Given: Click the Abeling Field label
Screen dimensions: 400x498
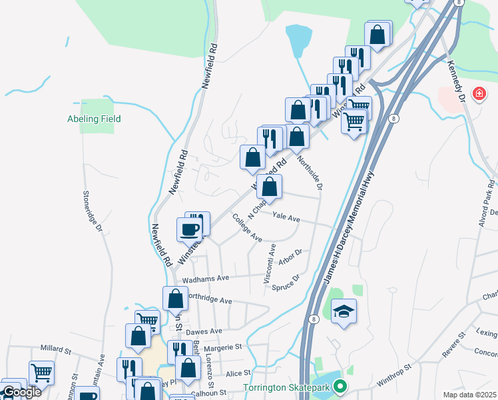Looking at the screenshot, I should [x=94, y=119].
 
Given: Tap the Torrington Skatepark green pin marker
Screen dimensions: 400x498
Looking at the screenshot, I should [x=340, y=387].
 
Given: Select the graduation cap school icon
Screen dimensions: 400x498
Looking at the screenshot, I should [x=344, y=311].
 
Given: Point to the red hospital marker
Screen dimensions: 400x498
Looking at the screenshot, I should [x=477, y=94].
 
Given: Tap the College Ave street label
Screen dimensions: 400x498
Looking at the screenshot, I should [x=246, y=227].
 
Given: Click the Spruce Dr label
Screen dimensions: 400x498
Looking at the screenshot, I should [x=286, y=283].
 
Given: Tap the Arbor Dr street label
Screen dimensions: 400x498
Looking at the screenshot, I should [x=291, y=257].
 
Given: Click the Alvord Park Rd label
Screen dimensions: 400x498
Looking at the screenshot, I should [x=489, y=203].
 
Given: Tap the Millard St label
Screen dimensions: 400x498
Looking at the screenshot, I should [x=55, y=348].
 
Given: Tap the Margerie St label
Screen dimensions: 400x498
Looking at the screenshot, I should [x=224, y=347].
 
